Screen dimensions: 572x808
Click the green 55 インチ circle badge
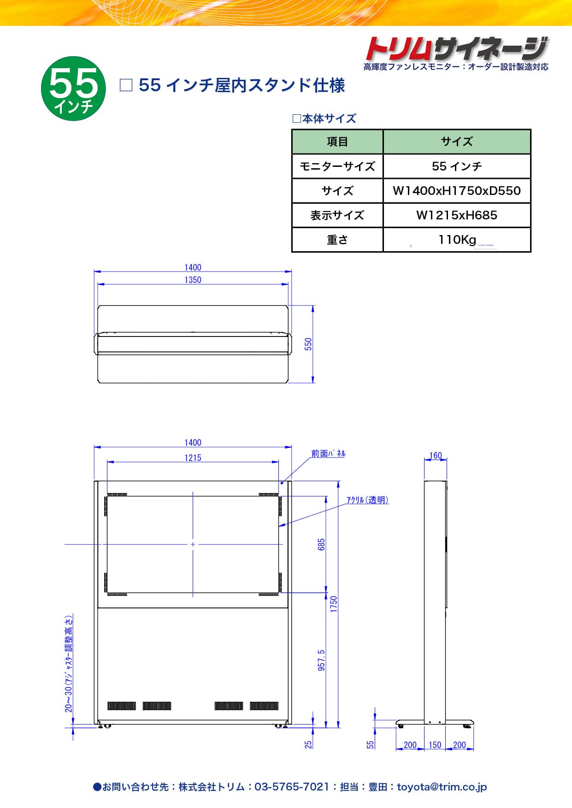pyautogui.click(x=74, y=88)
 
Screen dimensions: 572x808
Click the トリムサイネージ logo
pyautogui.click(x=456, y=48)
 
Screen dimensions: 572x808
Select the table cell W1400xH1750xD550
pyautogui.click(x=457, y=191)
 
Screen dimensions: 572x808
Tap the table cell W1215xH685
pyautogui.click(x=457, y=215)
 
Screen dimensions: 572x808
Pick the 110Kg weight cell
pyautogui.click(x=457, y=240)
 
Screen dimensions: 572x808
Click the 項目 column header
pyautogui.click(x=337, y=142)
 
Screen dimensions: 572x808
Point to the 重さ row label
pyautogui.click(x=337, y=240)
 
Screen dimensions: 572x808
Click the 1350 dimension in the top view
pyautogui.click(x=193, y=280)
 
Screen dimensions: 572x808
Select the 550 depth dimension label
pyautogui.click(x=308, y=344)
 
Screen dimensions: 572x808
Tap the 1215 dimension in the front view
pyautogui.click(x=193, y=458)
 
